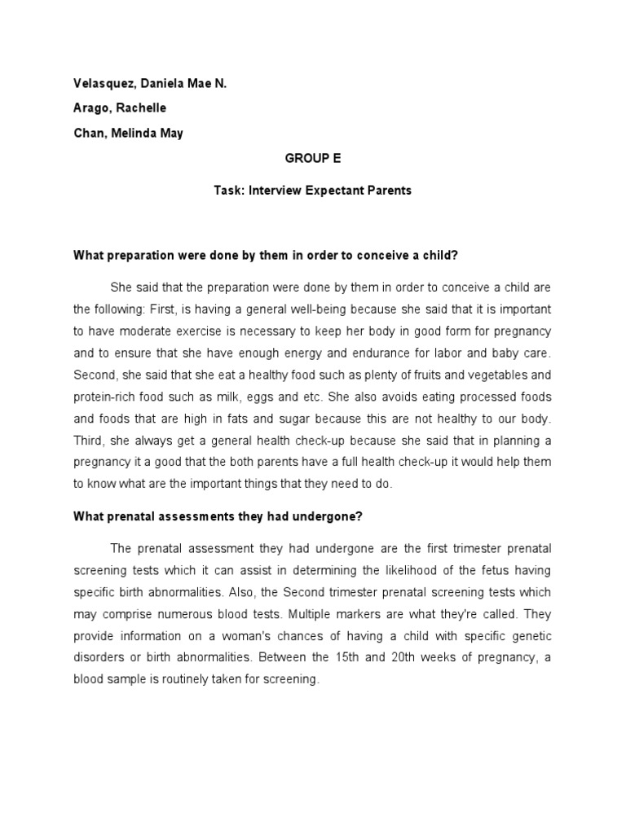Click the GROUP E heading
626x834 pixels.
[312, 160]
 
